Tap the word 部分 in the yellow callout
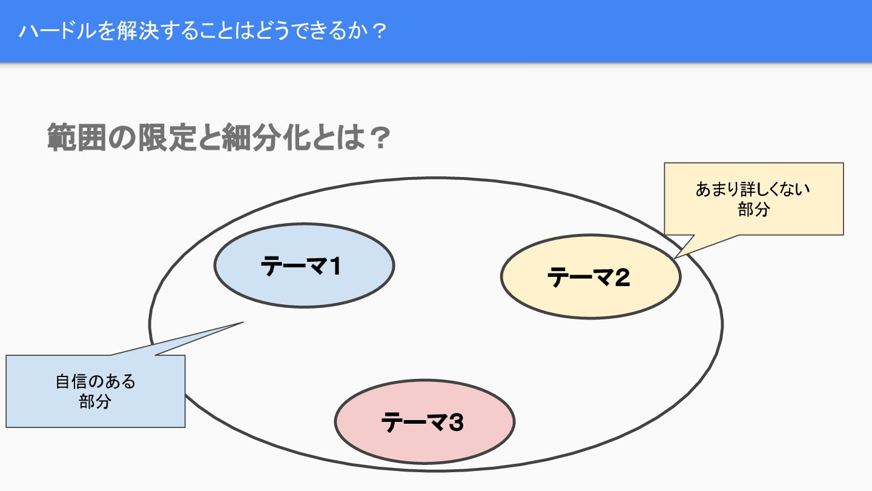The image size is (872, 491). (x=753, y=209)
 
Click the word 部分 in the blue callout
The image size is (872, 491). (x=95, y=401)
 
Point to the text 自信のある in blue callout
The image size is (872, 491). (x=95, y=382)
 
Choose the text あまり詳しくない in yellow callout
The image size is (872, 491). (x=753, y=189)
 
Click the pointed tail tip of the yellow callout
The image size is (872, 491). (x=676, y=257)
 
